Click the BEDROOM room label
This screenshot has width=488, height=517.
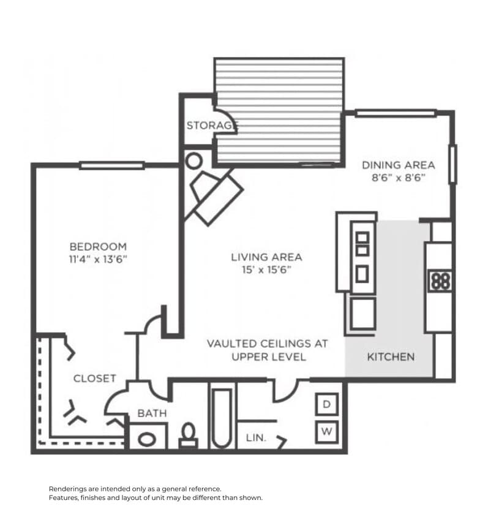coord(98,246)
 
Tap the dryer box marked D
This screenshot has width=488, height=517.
coord(326,404)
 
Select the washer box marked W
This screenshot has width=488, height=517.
coord(326,432)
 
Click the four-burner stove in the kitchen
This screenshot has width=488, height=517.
coord(440,281)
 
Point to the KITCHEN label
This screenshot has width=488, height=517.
coord(391,357)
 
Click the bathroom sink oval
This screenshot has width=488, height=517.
coord(147,439)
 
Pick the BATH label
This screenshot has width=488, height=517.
coord(152,413)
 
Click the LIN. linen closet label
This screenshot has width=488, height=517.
coord(255,438)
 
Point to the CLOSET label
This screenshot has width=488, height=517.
coord(94,379)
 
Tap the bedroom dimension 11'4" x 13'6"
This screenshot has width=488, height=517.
coord(98,258)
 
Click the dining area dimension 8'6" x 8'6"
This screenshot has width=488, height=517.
coord(398,178)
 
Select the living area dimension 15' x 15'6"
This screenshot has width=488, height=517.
coord(266,270)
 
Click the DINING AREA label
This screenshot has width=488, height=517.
coord(398,165)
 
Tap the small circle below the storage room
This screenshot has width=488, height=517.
coord(194,162)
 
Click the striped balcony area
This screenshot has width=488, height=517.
coord(279,110)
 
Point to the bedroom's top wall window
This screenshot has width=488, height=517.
coord(111,165)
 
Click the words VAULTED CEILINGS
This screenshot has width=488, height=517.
coord(266,344)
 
